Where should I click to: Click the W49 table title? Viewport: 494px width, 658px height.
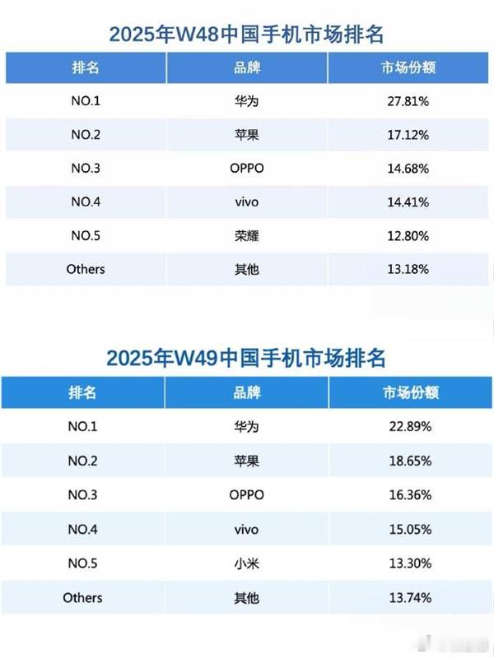pos(246,359)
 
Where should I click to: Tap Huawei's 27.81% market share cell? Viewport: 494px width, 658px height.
pos(409,103)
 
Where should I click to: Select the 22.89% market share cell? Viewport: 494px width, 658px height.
pos(409,428)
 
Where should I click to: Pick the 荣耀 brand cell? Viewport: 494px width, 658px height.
pos(246,236)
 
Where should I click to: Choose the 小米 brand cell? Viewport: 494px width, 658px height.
pos(246,564)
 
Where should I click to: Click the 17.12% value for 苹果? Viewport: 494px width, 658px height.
pos(409,135)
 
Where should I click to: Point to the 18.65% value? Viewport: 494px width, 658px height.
pos(409,461)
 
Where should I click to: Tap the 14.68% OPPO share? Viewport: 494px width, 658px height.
pos(409,169)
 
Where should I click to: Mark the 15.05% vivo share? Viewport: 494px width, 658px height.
pos(409,530)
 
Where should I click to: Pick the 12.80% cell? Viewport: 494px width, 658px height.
pos(409,236)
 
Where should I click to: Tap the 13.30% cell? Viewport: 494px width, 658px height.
pos(409,564)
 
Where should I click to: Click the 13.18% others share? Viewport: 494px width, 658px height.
pos(409,269)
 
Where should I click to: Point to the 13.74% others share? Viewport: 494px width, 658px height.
pos(409,598)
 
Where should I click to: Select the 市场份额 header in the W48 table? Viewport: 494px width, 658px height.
pos(409,67)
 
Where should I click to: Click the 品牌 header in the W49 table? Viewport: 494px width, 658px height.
pos(246,393)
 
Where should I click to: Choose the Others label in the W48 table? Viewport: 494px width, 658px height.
pos(85,269)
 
